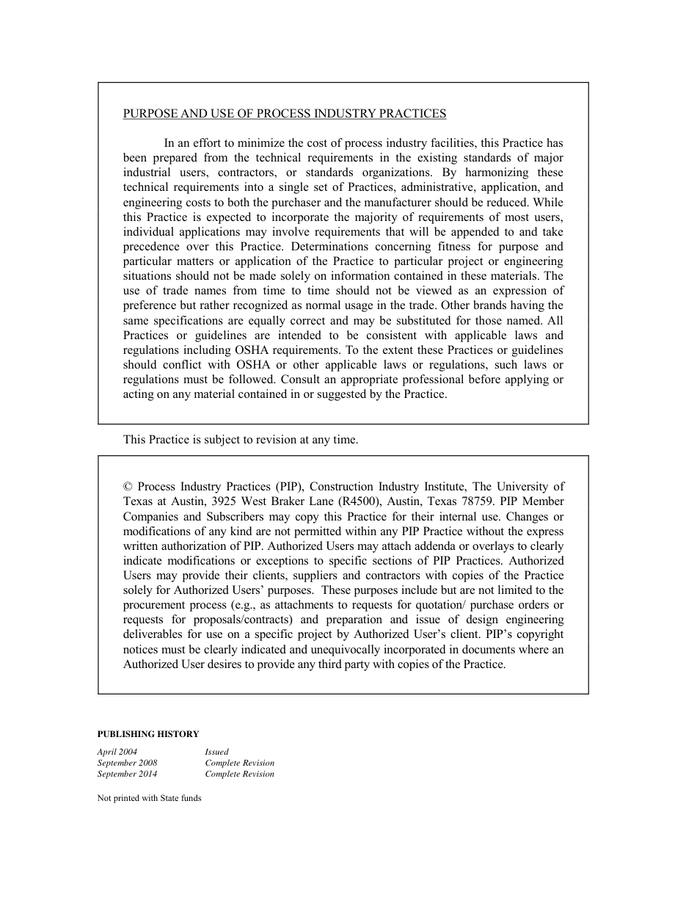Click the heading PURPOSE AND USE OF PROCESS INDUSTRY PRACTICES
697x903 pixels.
284,114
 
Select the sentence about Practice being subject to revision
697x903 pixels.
240,440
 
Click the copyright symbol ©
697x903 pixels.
128,487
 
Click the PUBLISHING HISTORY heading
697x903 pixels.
147,733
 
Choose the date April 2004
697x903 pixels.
117,752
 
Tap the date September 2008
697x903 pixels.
127,763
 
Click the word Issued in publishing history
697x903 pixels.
216,752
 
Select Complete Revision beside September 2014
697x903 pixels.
239,774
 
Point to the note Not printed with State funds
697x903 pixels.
149,798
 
